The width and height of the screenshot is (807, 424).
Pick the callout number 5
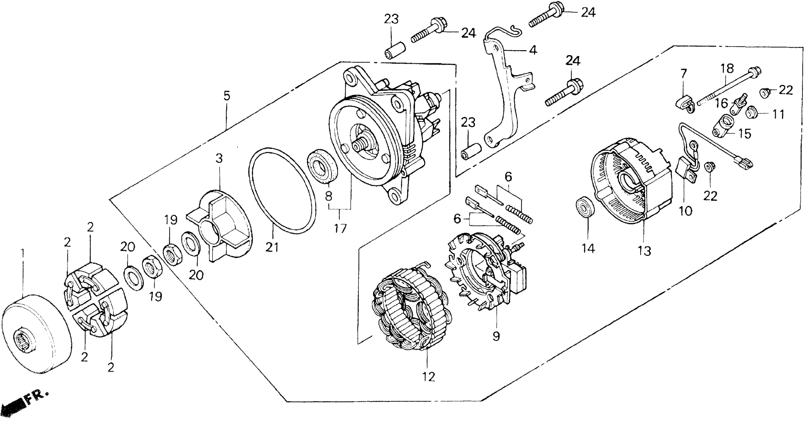(226, 96)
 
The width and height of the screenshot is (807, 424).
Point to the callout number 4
(533, 50)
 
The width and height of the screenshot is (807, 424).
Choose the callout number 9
(496, 336)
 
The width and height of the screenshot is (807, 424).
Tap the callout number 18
(728, 69)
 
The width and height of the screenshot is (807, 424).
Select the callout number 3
(219, 159)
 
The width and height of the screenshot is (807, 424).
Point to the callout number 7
(683, 74)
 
